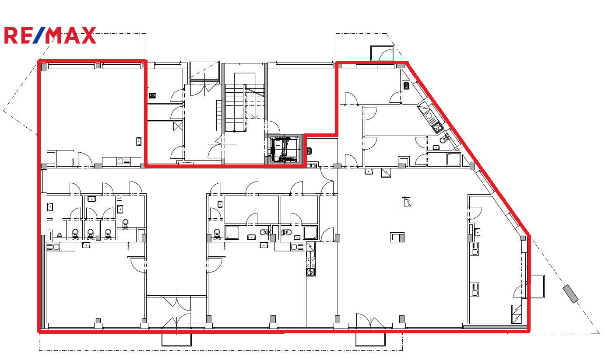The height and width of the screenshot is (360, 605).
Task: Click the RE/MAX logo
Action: coord(50,35)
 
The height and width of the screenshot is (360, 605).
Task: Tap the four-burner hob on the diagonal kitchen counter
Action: coord(437,127)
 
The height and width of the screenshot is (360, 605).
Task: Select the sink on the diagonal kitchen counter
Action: coord(429,116)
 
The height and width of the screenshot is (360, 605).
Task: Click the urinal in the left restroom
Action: coord(60,236)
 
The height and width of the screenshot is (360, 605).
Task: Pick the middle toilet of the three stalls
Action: coord(91,234)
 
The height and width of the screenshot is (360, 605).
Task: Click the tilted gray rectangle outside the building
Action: coord(570,294)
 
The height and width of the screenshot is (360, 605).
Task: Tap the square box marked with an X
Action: coord(178,126)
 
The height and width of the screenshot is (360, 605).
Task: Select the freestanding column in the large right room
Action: coord(397,237)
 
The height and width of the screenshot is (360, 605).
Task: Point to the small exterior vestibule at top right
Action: coord(382,53)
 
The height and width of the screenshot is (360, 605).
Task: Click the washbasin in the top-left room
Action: coord(139,141)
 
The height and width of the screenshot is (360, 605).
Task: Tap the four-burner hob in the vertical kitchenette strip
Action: coord(311,271)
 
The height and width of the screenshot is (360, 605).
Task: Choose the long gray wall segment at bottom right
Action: coord(495,327)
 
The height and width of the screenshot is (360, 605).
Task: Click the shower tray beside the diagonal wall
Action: coord(454,159)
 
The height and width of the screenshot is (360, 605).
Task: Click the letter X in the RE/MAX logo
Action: coord(88,35)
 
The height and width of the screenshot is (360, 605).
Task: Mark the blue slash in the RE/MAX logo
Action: coord(40,35)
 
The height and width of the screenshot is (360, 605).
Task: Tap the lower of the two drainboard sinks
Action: coord(474,290)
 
